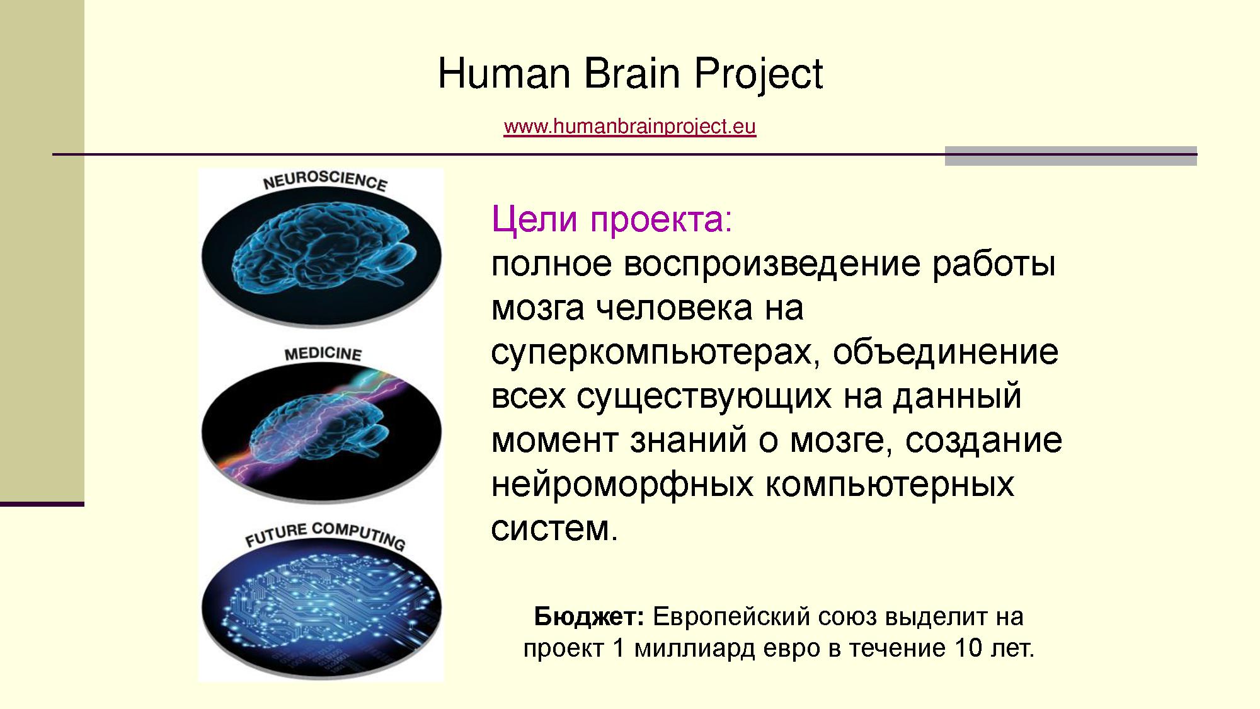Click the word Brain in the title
(633, 73)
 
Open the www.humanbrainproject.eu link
(629, 127)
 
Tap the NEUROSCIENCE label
(325, 181)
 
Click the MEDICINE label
(323, 354)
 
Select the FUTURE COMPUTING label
(325, 535)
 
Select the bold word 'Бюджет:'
(589, 616)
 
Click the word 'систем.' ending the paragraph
(554, 528)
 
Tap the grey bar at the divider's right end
(1071, 156)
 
